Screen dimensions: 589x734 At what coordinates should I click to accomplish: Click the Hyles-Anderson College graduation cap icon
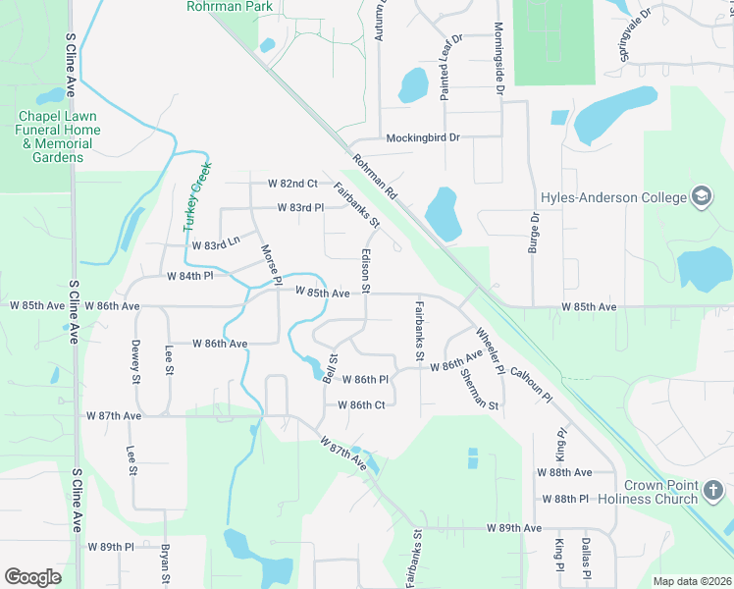(702, 197)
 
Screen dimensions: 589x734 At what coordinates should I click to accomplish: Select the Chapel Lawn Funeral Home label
(55, 130)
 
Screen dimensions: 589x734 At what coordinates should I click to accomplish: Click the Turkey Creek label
(194, 196)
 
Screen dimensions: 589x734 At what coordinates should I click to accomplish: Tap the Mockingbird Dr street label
(423, 137)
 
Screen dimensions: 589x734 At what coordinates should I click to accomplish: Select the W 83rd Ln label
(216, 244)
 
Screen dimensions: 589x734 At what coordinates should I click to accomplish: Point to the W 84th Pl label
(190, 276)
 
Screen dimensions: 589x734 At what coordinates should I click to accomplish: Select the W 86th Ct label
(360, 404)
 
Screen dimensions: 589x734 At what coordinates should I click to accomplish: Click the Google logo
(32, 577)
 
